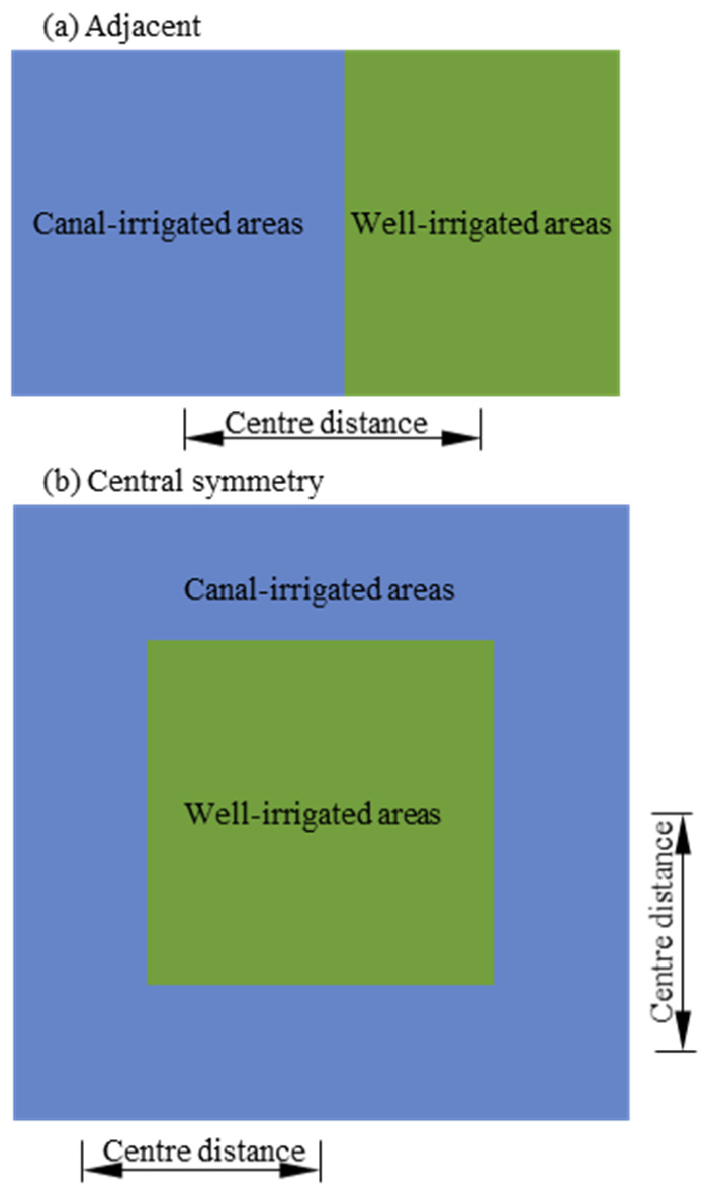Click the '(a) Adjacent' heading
click(x=122, y=26)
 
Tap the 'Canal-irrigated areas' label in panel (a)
click(x=168, y=223)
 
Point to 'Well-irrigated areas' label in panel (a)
click(x=481, y=223)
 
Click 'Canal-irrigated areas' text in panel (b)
click(x=319, y=589)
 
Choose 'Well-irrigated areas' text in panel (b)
click(x=313, y=813)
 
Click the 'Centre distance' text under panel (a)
click(x=326, y=423)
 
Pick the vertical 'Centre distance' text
click(x=661, y=928)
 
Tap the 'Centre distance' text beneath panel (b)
click(x=204, y=1151)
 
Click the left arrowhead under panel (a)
click(x=205, y=438)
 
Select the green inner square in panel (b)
click(x=320, y=910)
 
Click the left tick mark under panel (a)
click(x=185, y=430)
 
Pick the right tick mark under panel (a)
click(x=481, y=430)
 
